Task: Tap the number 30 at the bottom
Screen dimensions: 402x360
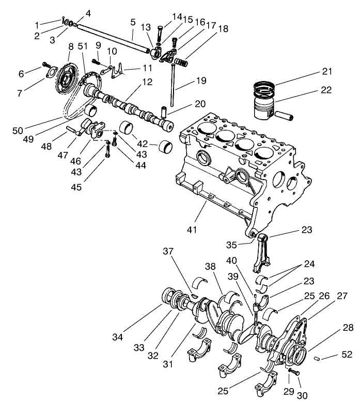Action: pos(302,395)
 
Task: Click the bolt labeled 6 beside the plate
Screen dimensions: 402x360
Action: pos(46,66)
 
